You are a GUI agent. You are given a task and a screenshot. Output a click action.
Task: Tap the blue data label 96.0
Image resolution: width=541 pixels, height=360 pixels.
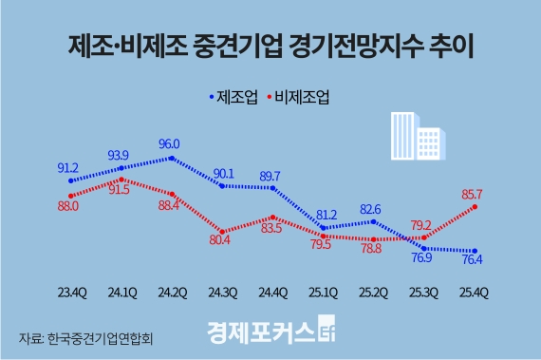tap(170, 144)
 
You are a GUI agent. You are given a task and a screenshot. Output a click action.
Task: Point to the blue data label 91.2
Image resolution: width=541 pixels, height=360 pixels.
tap(67, 167)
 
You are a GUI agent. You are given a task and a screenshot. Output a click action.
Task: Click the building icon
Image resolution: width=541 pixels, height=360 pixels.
tap(415, 137)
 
